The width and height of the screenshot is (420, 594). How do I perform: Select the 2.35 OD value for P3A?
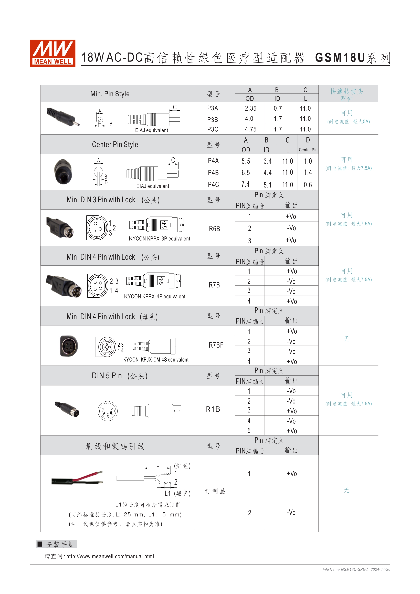point(250,108)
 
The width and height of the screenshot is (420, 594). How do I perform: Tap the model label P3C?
point(213,129)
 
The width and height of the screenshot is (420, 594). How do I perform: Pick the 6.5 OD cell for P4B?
point(246,173)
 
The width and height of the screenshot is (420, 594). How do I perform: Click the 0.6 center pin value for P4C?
point(308,185)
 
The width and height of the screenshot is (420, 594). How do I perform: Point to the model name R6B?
point(214,229)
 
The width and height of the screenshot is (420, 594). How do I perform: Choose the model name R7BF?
point(216,345)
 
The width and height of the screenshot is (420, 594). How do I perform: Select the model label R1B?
point(213,409)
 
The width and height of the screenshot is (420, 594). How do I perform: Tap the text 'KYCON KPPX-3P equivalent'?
point(159,238)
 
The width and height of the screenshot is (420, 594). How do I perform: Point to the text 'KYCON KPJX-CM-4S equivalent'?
point(156,360)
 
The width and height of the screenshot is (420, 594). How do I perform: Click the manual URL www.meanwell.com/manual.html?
point(110,556)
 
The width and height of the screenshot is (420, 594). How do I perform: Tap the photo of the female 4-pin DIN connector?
point(69,346)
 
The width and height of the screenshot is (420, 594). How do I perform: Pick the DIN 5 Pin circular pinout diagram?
point(108,411)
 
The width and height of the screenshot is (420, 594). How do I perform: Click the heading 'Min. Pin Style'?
point(110,94)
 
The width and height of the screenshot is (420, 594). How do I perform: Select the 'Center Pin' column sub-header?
point(308,150)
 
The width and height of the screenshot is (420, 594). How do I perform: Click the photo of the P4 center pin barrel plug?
point(63,172)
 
